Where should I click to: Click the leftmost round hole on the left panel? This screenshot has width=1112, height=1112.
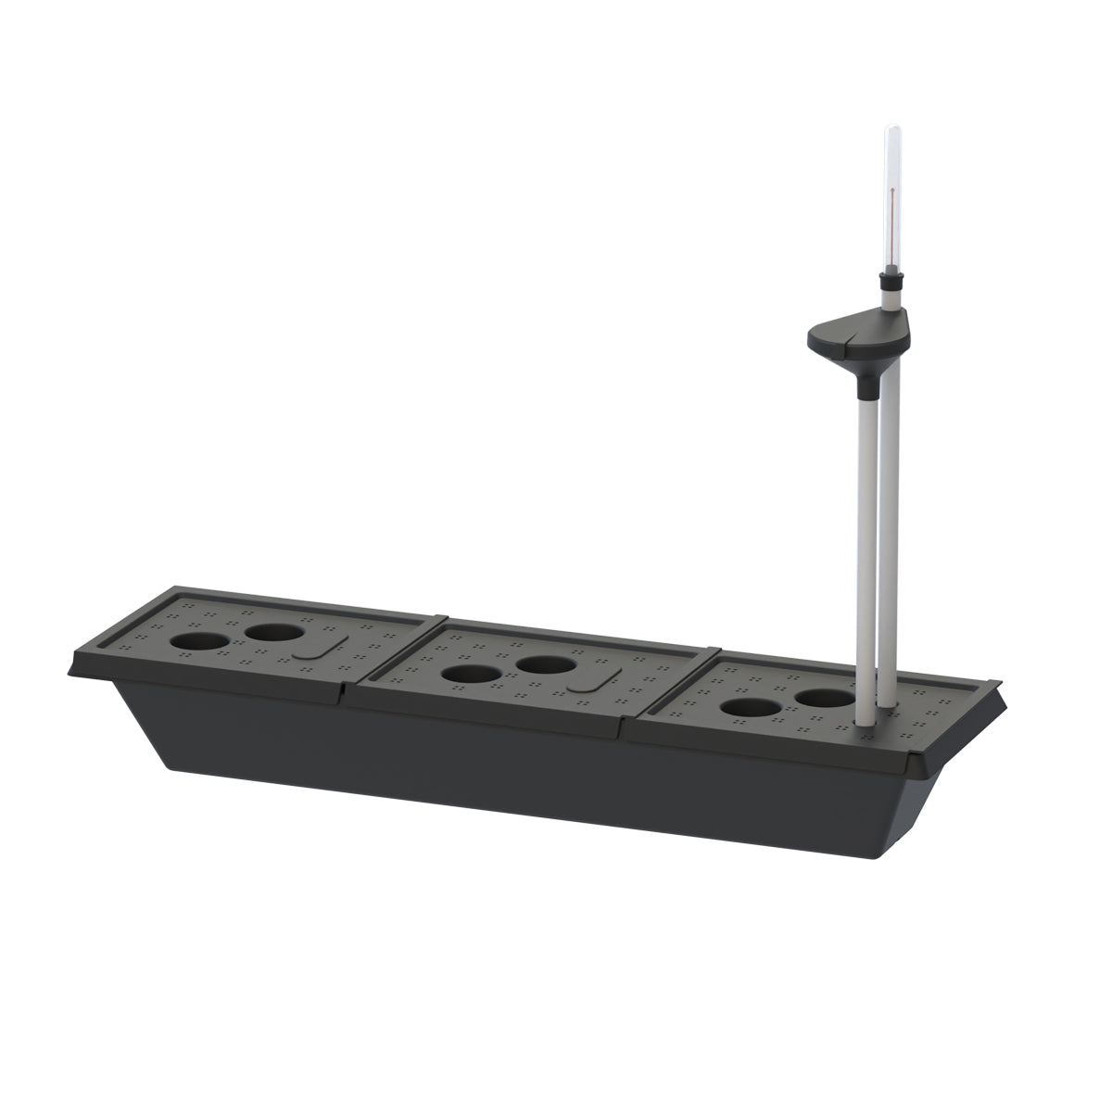tap(199, 641)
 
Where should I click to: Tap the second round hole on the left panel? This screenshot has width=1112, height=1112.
tap(274, 634)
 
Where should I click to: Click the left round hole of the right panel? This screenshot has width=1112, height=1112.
tap(751, 708)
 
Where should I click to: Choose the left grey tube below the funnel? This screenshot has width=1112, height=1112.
tap(865, 556)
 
